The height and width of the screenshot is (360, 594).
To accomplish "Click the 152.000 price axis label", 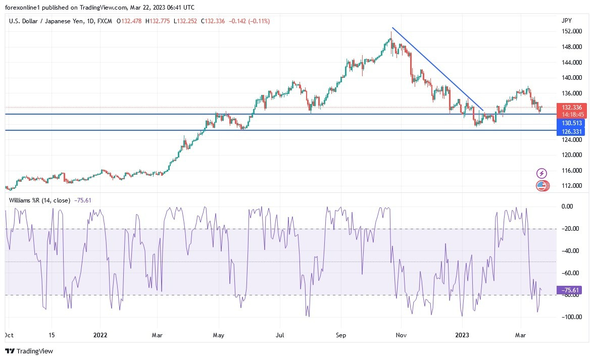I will coord(571,31).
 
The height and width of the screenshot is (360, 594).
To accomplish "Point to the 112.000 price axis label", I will coord(571,186).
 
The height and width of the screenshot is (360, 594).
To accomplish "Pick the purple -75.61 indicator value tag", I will coord(568,290).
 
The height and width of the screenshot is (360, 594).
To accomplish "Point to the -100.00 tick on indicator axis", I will coord(568,317).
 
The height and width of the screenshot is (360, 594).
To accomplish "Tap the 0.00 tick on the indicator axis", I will coord(568,207).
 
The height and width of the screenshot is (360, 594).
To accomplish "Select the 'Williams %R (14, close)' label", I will coord(40,200).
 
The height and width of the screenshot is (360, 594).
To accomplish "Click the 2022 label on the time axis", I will coord(101,335).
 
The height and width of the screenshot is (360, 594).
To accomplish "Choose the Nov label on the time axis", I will coord(402,335).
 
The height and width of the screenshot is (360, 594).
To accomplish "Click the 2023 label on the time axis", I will coord(462,335).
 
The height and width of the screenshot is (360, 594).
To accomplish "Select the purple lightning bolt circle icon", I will coord(541,174).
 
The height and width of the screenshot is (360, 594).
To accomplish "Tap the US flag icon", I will coord(541,186).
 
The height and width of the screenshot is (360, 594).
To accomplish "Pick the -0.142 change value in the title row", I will coord(239,21).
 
